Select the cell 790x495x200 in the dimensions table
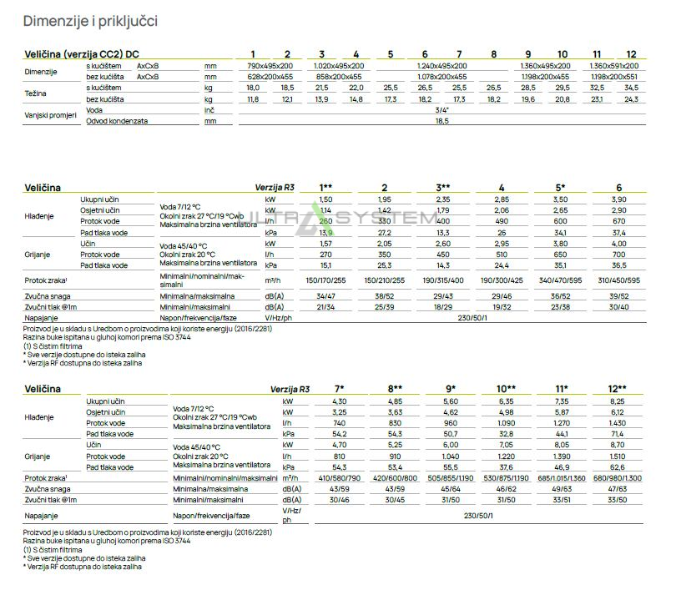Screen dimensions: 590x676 pos(270,65)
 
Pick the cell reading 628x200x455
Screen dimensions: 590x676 pos(270,76)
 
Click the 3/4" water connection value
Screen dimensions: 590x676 pos(441,109)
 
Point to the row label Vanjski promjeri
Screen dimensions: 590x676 pos(49,115)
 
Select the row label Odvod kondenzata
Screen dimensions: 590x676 pos(117,121)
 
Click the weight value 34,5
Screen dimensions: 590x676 pos(631,88)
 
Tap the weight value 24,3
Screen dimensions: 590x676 pos(631,98)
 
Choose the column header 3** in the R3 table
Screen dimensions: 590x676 pos(443,188)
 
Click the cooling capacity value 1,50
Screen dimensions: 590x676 pos(326,200)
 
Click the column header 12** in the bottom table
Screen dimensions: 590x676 pos(618,389)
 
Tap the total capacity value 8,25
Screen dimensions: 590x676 pos(618,401)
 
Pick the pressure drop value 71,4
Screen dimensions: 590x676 pos(618,434)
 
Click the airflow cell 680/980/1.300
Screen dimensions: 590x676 pos(618,477)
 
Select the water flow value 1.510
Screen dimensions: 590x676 pos(618,456)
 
